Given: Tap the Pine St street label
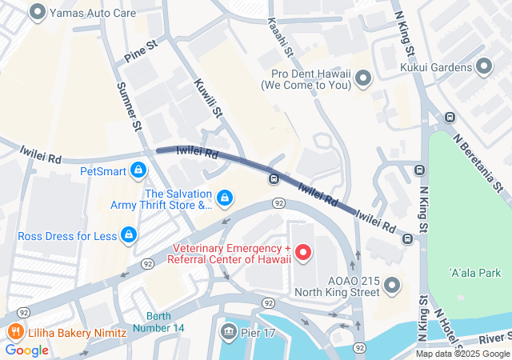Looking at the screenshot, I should click(x=141, y=53).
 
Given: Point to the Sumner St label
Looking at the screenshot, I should click(x=130, y=105).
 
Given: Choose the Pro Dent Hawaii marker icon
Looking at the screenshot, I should click(x=364, y=78).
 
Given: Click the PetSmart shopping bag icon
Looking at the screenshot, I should click(x=140, y=170).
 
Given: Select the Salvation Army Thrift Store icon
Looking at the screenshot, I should click(x=226, y=196).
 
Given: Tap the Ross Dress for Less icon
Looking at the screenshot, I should click(x=128, y=234).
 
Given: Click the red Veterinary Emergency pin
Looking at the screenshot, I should click(x=303, y=253).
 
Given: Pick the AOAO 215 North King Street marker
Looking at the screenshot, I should click(x=391, y=285).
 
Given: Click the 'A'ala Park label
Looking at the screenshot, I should click(x=474, y=273).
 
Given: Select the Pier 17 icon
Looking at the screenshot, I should click(x=228, y=331).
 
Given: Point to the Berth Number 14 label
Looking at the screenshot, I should click(x=166, y=322).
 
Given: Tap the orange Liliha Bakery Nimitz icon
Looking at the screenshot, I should click(x=14, y=332).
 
